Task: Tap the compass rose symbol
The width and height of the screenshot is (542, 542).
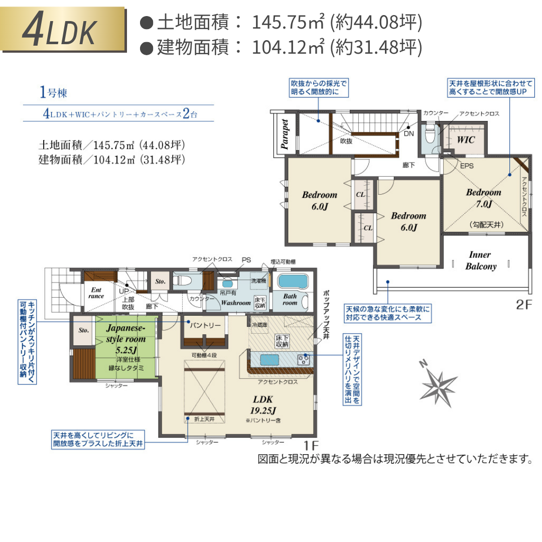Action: (438, 384)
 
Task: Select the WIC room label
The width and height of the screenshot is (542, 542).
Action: (465, 140)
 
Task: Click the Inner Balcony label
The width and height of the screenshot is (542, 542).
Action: (480, 260)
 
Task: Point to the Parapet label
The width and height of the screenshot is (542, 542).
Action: (284, 134)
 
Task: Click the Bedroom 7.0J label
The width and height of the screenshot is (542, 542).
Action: (483, 198)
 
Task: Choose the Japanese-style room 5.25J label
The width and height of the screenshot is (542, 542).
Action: (125, 339)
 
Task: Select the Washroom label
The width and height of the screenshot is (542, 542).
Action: (235, 303)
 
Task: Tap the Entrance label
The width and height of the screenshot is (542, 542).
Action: (96, 293)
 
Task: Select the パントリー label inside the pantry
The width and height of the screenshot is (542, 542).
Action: (205, 325)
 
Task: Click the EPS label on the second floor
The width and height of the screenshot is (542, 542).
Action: (467, 166)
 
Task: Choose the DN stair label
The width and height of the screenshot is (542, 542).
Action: (409, 134)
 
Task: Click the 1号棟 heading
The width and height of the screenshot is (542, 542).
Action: (53, 92)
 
